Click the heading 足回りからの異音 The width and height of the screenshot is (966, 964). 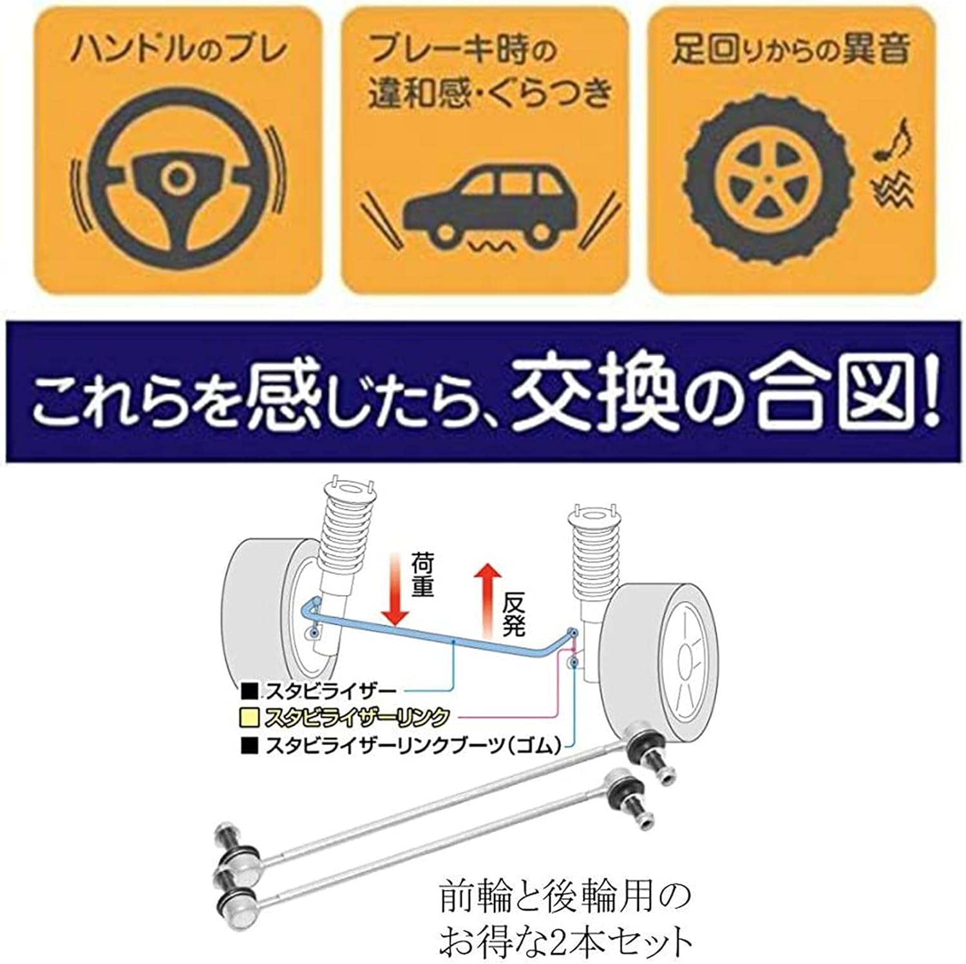point(791,49)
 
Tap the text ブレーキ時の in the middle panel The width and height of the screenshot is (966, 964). point(461,50)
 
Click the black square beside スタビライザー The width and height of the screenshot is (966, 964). point(249,692)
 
